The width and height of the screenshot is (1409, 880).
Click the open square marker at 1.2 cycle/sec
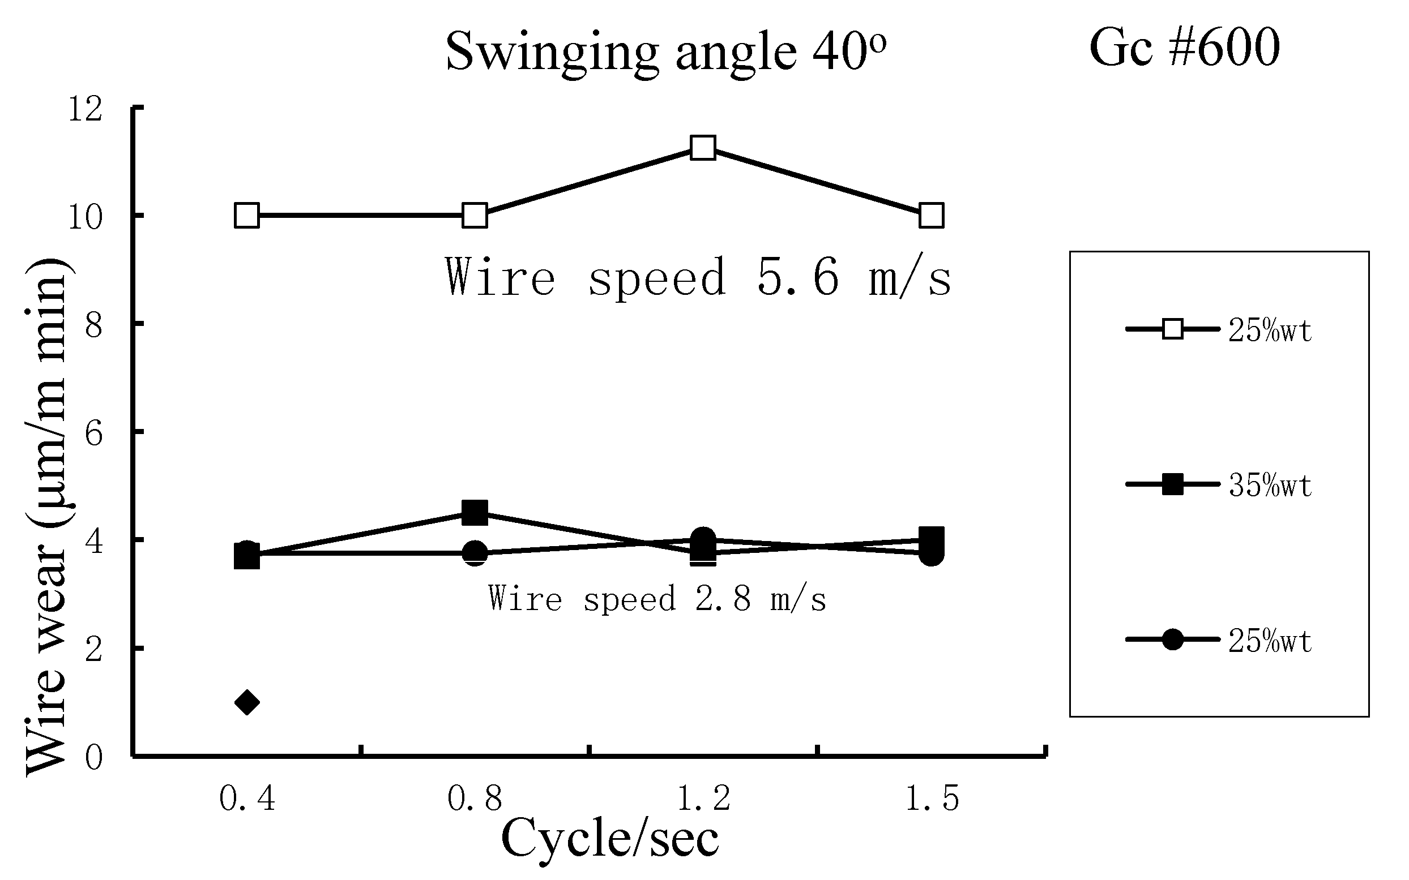703,148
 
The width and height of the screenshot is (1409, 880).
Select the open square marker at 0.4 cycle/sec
246,216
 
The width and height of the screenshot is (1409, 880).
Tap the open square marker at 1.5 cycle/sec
931,216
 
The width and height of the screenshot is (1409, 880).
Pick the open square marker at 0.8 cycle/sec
475,216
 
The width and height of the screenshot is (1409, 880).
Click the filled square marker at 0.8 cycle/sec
475,513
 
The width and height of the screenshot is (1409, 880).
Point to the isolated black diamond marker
246,702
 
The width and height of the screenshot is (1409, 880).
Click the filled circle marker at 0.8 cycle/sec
475,553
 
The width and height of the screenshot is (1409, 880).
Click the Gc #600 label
1184,48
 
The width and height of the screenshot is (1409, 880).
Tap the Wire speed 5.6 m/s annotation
698,278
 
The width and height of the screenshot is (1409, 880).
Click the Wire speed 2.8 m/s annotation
657,598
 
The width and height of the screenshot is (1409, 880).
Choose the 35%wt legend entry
1269,486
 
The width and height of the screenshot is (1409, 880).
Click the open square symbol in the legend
1173,329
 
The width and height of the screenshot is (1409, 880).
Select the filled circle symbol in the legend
1173,639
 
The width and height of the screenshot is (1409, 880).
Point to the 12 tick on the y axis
85,109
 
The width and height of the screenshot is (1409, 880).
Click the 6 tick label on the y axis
93,433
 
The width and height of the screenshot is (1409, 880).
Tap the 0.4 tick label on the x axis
247,798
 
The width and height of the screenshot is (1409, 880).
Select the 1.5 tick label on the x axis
932,798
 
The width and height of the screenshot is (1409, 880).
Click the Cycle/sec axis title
609,839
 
